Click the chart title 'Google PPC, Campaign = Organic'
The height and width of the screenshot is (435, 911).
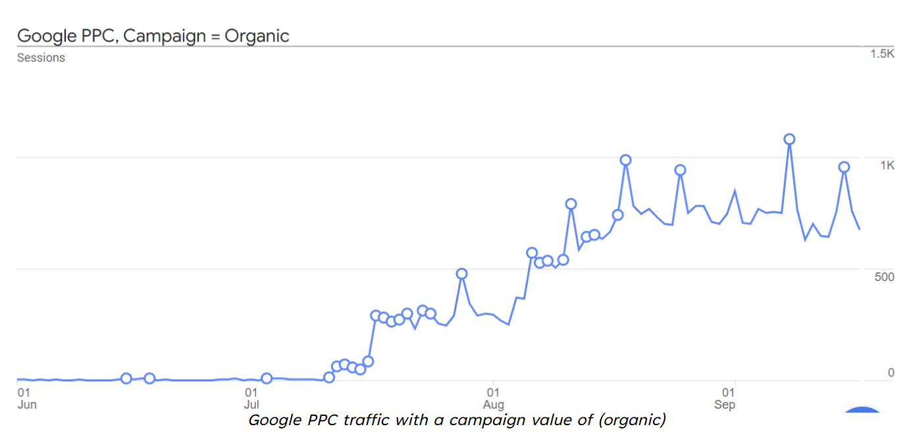click(153, 36)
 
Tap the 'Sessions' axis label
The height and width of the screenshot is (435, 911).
click(41, 58)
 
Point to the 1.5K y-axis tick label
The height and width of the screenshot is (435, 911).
click(882, 54)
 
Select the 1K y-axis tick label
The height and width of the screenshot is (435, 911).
click(887, 165)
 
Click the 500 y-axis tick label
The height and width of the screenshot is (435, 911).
click(884, 276)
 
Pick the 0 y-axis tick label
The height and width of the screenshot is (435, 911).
click(891, 373)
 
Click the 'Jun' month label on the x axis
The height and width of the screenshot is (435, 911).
click(27, 405)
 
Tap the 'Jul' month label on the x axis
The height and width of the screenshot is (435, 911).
click(251, 405)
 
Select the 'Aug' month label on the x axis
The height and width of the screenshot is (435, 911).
click(494, 405)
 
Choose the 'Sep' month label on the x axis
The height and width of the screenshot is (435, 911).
click(724, 405)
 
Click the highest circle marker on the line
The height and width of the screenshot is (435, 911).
click(789, 139)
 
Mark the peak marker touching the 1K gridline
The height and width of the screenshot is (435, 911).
click(625, 160)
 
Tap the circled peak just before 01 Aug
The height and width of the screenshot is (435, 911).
click(461, 274)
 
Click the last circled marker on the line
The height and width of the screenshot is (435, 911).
click(844, 167)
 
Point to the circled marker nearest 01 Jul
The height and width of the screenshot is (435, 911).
click(267, 378)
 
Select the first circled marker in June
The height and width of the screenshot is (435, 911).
click(126, 378)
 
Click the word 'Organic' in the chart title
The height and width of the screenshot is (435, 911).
click(257, 36)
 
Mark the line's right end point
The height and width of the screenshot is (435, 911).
click(860, 229)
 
